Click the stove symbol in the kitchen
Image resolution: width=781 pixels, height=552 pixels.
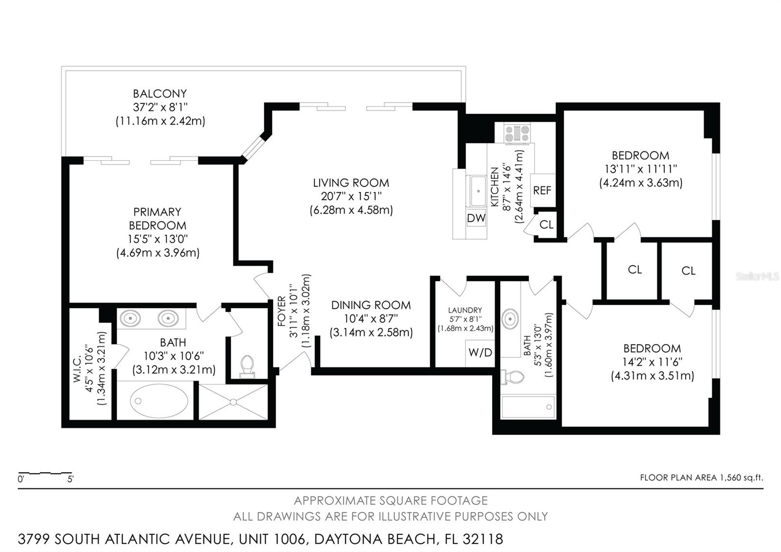(517, 134)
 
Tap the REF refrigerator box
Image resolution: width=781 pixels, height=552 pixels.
(542, 191)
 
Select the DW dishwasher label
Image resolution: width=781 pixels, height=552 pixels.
(476, 218)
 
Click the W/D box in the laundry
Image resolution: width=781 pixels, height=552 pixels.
(480, 352)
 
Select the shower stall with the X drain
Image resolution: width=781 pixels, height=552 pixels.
(233, 402)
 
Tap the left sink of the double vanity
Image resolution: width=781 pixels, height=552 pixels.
(131, 318)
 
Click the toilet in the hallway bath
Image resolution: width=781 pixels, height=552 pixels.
(513, 377)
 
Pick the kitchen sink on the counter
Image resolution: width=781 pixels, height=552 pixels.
(478, 191)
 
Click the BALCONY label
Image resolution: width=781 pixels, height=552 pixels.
(160, 93)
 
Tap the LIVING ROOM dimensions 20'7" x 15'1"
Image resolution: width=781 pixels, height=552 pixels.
(350, 196)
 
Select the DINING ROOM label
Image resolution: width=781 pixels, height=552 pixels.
(370, 305)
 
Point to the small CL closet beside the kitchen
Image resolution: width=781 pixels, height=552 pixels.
(546, 225)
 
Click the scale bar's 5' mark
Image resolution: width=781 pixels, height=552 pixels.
(70, 479)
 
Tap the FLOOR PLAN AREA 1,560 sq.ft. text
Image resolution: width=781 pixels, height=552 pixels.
(701, 478)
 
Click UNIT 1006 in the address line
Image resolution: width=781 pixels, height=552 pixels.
(271, 539)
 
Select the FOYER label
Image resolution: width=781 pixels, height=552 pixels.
(282, 311)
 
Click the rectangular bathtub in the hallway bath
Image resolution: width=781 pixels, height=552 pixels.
(528, 406)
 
